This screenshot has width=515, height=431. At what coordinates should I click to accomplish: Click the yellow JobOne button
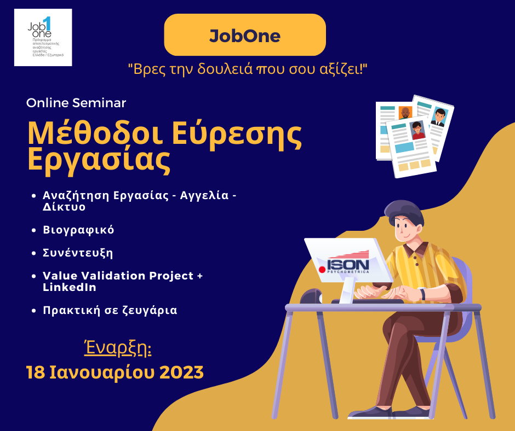coord(245,35)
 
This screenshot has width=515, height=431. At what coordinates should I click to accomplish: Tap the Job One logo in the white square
coord(43,37)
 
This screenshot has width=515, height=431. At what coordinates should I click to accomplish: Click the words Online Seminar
coord(76,103)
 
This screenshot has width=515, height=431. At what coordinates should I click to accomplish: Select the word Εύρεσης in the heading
coord(237,134)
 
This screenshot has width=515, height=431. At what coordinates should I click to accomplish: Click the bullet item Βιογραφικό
coord(78,230)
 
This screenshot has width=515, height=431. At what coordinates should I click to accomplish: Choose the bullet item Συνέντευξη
coord(78,253)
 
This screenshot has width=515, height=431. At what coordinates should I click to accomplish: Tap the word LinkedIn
coord(69,287)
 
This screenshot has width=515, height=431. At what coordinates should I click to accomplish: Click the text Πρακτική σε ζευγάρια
coord(110,310)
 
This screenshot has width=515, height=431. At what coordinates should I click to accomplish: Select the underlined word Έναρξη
coord(118,348)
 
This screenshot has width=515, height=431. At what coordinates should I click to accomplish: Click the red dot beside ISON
coord(322,270)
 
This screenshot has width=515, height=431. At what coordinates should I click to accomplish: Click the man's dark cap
coord(404,212)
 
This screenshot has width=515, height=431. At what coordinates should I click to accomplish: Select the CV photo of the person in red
coord(417,130)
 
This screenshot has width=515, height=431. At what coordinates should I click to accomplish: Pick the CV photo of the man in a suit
coord(439,117)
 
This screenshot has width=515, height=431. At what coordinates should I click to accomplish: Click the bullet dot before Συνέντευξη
coord(33,253)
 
